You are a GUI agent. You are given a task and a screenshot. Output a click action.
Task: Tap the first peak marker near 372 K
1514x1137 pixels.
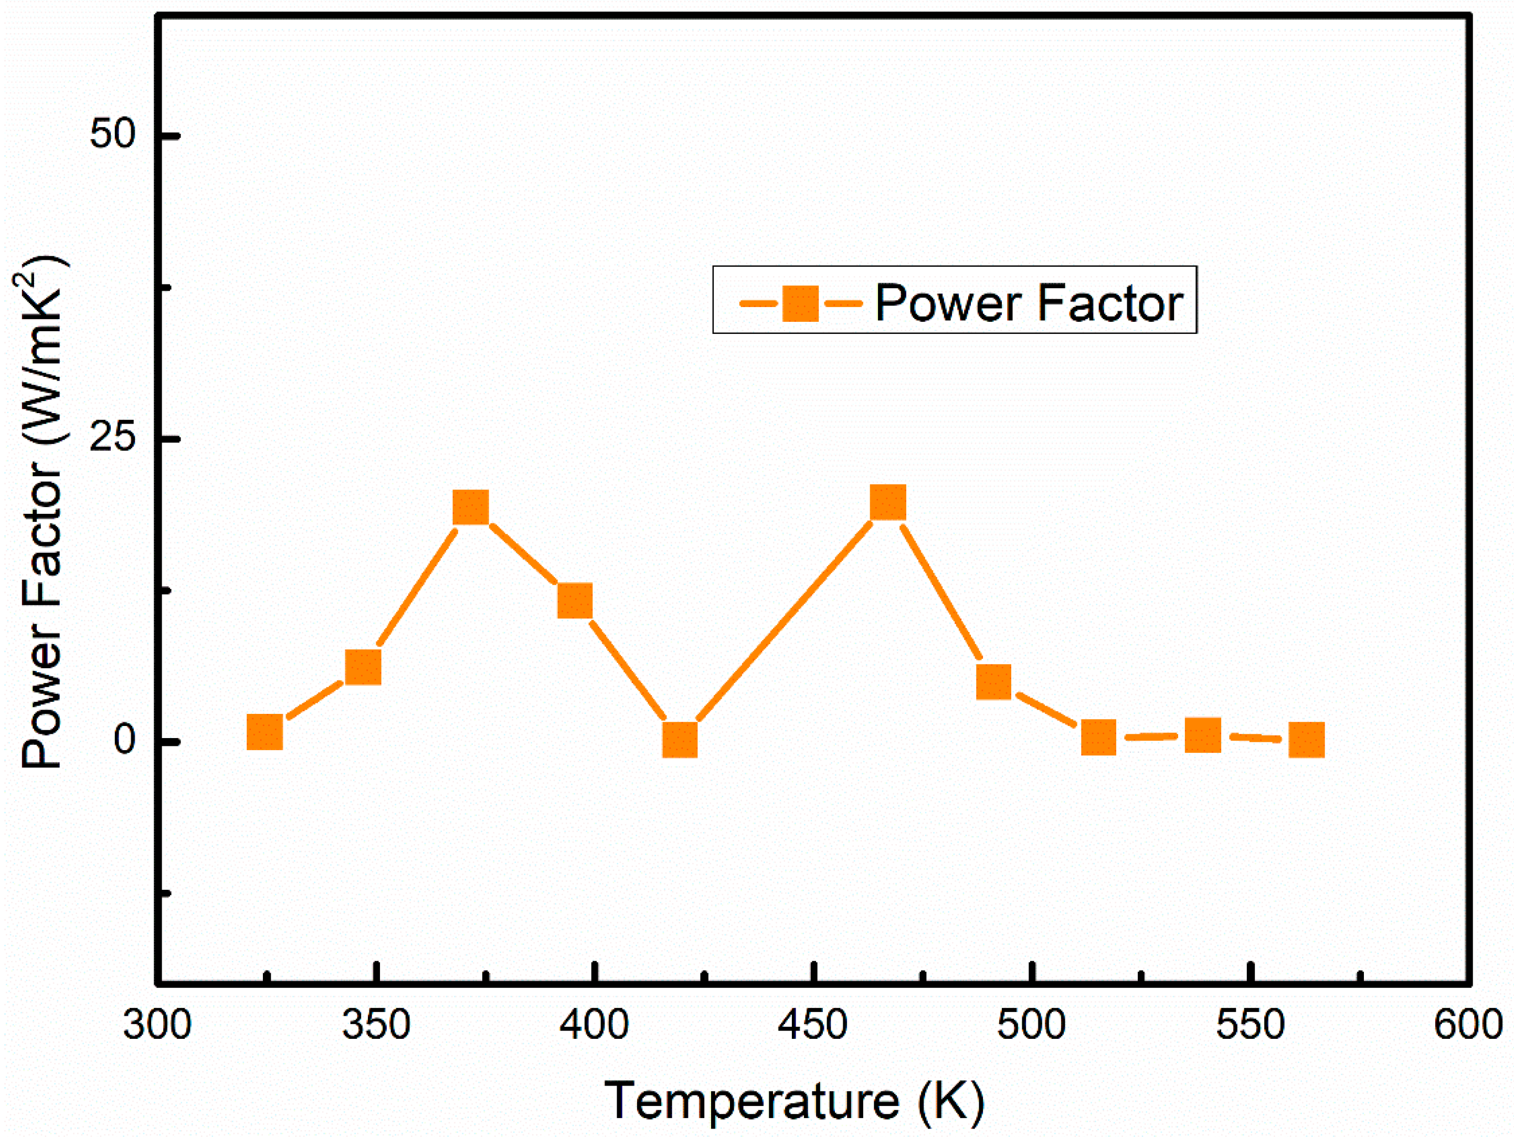pyautogui.click(x=471, y=507)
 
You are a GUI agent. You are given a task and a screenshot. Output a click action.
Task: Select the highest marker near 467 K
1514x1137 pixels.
pyautogui.click(x=888, y=502)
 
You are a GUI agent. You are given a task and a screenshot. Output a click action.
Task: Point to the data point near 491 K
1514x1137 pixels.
pyautogui.click(x=993, y=681)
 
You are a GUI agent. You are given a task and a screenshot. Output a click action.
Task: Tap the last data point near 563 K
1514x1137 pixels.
pyautogui.click(x=1306, y=739)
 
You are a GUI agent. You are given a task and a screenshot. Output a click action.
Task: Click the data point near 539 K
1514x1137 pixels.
pyautogui.click(x=1203, y=735)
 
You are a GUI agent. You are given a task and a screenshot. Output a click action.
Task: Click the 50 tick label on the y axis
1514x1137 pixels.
pyautogui.click(x=113, y=135)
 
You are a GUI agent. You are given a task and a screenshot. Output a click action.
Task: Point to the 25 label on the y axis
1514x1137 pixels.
pyautogui.click(x=113, y=439)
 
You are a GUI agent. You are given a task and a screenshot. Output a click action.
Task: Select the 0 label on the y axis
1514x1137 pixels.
pyautogui.click(x=125, y=740)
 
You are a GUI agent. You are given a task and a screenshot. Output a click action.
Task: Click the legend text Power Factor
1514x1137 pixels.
pyautogui.click(x=1029, y=303)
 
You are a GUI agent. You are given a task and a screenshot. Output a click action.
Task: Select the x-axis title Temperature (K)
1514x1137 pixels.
pyautogui.click(x=794, y=1101)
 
